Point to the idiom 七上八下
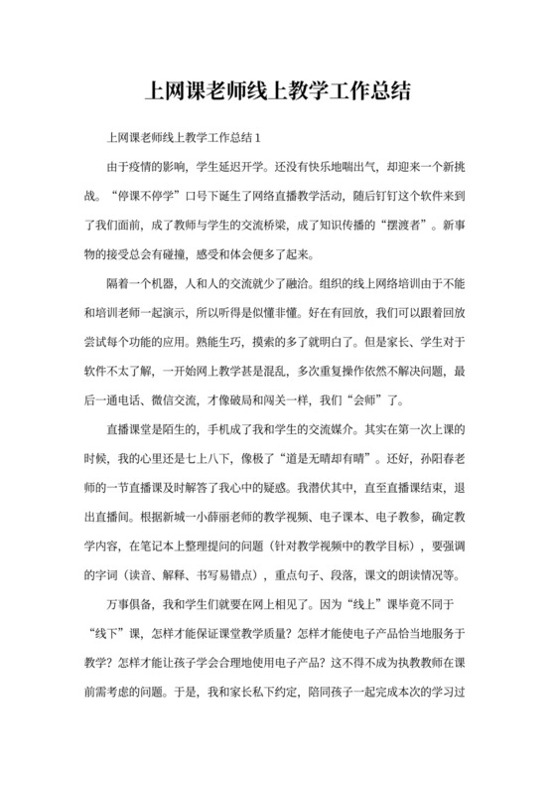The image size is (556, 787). pyautogui.click(x=249, y=459)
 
